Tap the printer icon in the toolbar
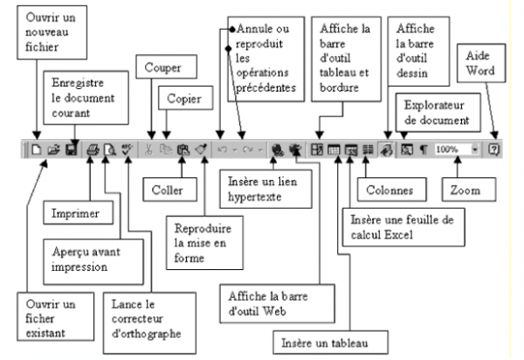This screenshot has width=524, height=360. pyautogui.click(x=93, y=149)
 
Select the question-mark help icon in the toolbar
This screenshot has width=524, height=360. pyautogui.click(x=493, y=149)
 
